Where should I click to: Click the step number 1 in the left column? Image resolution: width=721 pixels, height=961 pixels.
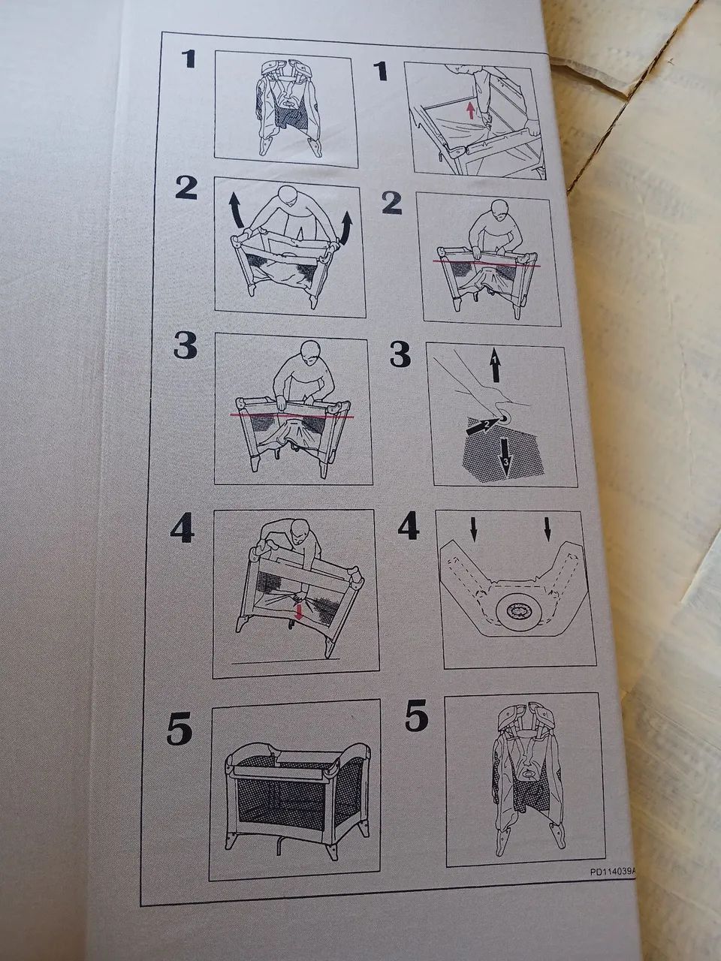(x=189, y=59)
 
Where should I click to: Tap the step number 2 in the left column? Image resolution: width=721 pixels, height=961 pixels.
(x=187, y=188)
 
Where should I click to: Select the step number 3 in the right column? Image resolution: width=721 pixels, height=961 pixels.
(x=400, y=354)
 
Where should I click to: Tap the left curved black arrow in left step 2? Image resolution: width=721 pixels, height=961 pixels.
(x=237, y=211)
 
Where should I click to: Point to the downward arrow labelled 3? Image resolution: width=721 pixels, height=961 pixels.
(x=506, y=457)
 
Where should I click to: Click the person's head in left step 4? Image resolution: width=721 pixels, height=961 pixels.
(x=299, y=532)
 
